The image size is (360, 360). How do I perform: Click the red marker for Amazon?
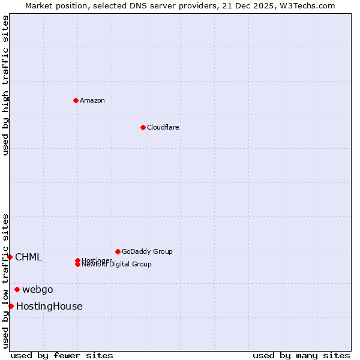(76, 100)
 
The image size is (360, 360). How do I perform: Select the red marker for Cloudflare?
(143, 127)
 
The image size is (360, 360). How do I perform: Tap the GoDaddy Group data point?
(118, 251)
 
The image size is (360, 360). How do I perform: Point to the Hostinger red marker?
(77, 260)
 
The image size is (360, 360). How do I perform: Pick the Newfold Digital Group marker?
(77, 265)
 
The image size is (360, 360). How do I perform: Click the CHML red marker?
(10, 257)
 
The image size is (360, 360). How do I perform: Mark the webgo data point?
(17, 289)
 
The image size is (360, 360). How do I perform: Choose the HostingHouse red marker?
(11, 306)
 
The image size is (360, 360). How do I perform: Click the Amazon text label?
(92, 100)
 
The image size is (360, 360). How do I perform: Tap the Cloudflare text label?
(163, 127)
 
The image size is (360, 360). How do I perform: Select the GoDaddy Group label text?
(147, 251)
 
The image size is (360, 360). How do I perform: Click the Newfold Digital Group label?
(117, 265)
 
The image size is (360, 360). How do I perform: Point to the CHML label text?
(29, 257)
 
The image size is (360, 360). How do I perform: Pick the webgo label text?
(38, 289)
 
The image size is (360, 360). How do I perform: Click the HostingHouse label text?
(49, 307)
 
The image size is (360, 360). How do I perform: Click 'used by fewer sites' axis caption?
(62, 355)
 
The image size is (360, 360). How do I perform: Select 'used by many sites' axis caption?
(301, 355)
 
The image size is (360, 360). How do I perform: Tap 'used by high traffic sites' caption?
(5, 85)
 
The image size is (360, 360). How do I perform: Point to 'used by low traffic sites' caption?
(5, 281)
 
